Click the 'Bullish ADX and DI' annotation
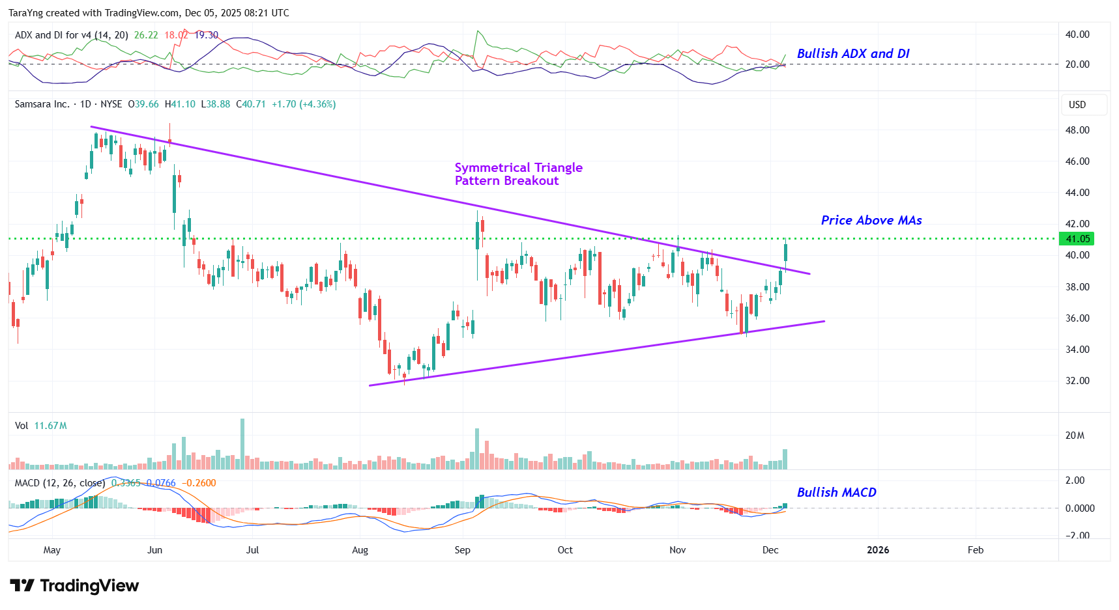[852, 54]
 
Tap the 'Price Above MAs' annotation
[871, 221]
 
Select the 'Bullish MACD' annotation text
[836, 493]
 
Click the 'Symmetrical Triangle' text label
[518, 168]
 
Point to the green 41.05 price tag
[1077, 239]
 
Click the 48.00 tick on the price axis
[1077, 130]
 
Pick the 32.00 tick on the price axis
[1077, 381]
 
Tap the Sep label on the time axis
[462, 550]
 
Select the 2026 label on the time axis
[877, 550]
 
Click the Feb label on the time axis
[975, 550]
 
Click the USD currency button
[1077, 105]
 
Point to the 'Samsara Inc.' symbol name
[42, 104]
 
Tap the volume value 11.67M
[50, 426]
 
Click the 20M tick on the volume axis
[1075, 436]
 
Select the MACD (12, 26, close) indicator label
[59, 483]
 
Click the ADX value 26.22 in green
[146, 35]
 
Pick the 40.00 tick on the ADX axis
[1077, 35]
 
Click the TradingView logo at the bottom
[74, 586]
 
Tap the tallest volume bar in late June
[242, 443]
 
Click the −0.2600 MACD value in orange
[199, 483]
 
